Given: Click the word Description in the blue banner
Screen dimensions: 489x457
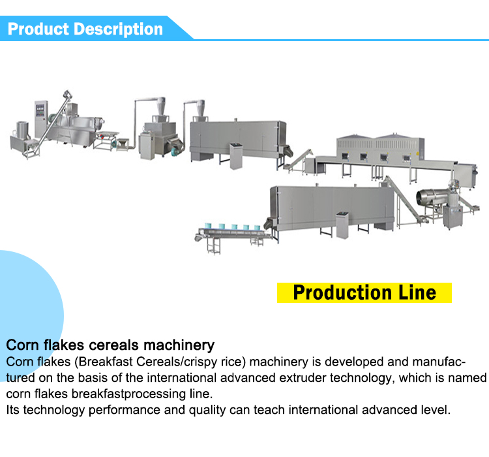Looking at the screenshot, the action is pyautogui.click(x=118, y=29).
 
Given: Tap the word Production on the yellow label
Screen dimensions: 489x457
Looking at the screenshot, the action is pyautogui.click(x=342, y=292).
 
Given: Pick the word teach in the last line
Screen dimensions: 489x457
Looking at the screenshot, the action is pyautogui.click(x=269, y=410).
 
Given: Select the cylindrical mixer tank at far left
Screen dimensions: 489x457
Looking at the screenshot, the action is pyautogui.click(x=22, y=130).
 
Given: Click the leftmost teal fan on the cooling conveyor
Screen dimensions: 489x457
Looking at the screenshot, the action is pyautogui.click(x=208, y=226).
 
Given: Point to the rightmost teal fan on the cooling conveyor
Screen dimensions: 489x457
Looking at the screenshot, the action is pyautogui.click(x=257, y=228).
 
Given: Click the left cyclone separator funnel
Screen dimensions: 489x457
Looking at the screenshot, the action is pyautogui.click(x=161, y=106).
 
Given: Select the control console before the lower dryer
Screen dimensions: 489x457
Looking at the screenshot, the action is pyautogui.click(x=342, y=225).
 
